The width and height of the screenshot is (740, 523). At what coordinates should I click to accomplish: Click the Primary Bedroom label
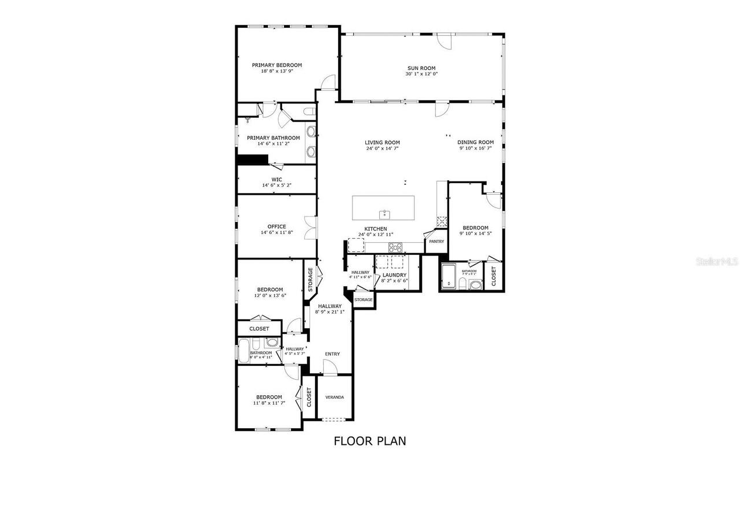coord(276,65)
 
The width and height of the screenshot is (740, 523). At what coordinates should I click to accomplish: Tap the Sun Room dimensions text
coord(421,74)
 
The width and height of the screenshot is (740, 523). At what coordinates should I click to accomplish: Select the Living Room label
coord(382,142)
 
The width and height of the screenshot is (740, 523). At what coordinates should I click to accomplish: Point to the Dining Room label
coord(475,142)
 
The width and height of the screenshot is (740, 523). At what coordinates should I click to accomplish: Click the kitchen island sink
coord(384,215)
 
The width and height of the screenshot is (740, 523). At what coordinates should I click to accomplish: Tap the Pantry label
coord(436,242)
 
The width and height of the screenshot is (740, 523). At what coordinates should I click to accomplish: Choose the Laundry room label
coord(394,275)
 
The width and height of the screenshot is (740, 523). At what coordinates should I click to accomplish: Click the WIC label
coord(276,180)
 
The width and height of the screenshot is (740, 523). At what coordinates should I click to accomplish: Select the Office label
coord(276,227)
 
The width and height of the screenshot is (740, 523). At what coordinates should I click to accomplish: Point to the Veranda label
coord(335,397)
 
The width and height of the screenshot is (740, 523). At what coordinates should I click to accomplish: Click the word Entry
coord(332,354)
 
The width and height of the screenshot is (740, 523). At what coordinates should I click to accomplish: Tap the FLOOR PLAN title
coord(370,441)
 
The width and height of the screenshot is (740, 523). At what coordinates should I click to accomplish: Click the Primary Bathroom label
coord(273,138)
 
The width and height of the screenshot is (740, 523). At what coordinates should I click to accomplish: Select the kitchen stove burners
coord(395,247)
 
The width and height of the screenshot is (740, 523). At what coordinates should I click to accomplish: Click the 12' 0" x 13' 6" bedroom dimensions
coord(270,295)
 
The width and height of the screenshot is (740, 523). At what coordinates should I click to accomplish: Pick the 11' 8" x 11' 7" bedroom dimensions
coord(269,403)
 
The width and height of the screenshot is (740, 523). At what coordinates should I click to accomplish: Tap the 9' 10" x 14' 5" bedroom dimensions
coord(475,233)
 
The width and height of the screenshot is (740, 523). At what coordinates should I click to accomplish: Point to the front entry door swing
coord(330,366)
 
